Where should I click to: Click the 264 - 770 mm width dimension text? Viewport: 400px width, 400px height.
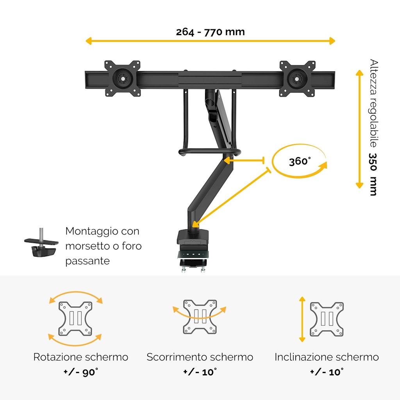(x=210, y=32)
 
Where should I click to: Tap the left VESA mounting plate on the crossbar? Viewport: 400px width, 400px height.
(x=123, y=78)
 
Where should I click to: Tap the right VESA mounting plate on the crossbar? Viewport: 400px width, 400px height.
(x=297, y=78)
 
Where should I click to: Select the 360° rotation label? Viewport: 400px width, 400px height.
(x=300, y=161)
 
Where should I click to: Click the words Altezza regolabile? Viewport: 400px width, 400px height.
(x=374, y=103)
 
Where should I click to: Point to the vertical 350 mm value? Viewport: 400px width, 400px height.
(x=374, y=174)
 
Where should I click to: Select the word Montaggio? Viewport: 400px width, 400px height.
(x=91, y=231)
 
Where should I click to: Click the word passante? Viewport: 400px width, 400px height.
(x=87, y=261)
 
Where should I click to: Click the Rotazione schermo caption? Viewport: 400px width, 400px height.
(x=81, y=357)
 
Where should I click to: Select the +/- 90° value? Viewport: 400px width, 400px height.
(x=81, y=372)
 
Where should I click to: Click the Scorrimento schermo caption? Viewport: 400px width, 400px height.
(x=200, y=357)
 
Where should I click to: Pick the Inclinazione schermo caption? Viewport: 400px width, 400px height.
(x=327, y=357)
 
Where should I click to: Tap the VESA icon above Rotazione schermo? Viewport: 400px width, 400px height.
(x=76, y=318)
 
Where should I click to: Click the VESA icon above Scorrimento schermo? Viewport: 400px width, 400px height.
(x=200, y=316)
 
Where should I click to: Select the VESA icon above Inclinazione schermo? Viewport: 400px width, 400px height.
(x=327, y=319)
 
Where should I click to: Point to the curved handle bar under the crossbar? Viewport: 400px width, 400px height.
(x=209, y=151)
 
